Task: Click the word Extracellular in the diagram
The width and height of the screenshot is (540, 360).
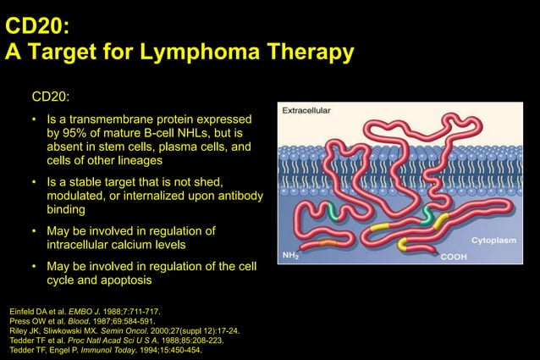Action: pos(306,110)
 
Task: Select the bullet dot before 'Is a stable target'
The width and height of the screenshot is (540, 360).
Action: pos(35,183)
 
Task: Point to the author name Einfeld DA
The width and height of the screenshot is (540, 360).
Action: pos(30,312)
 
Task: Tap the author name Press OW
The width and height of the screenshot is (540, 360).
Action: pos(26,321)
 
